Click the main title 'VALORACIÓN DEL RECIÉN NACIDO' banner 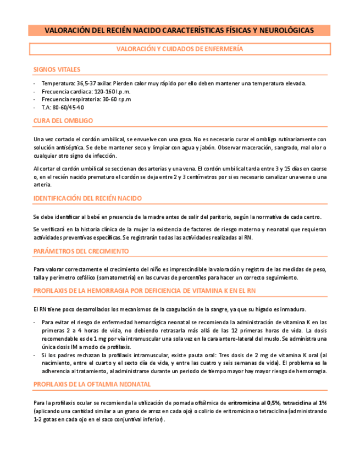pos(179,30)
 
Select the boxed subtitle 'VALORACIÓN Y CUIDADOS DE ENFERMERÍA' pos(179,49)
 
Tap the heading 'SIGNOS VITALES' pos(57,69)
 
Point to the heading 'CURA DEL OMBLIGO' pos(63,120)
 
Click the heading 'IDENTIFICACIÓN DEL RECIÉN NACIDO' pos(87,198)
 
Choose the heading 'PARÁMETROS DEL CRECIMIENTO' pos(81,251)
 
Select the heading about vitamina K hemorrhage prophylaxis pos(144,290)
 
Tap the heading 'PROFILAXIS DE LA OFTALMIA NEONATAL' pos(92,384)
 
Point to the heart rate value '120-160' pos(104,92)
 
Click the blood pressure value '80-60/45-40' pos(68,108)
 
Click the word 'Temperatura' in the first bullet pos(58,84)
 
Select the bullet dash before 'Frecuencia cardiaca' pos(35,92)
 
